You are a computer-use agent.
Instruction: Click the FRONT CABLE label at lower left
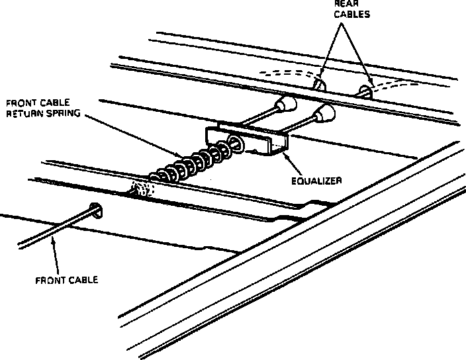pyautogui.click(x=66, y=279)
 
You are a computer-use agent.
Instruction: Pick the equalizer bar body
pyautogui.click(x=248, y=140)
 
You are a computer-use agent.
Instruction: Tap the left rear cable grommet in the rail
pyautogui.click(x=318, y=85)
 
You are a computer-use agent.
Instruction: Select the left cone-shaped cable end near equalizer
pyautogui.click(x=287, y=104)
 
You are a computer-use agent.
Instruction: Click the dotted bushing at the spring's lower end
pyautogui.click(x=142, y=191)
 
